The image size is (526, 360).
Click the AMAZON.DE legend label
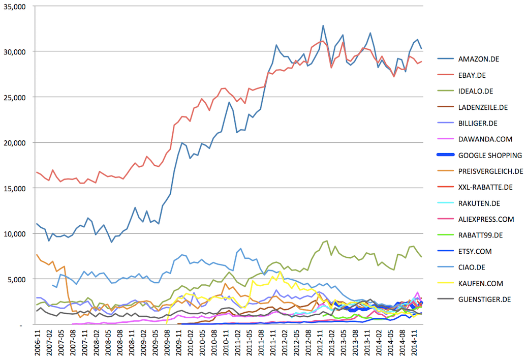click(478, 59)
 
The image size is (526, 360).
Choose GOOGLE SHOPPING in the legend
click(490, 156)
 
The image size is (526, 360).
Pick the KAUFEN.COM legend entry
click(481, 283)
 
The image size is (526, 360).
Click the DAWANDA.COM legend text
click(485, 139)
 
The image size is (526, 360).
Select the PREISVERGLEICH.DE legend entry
click(490, 171)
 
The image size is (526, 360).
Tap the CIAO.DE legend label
click(472, 267)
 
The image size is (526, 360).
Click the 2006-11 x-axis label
click(37, 343)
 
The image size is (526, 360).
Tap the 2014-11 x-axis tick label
click(414, 343)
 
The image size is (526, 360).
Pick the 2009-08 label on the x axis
click(167, 343)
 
